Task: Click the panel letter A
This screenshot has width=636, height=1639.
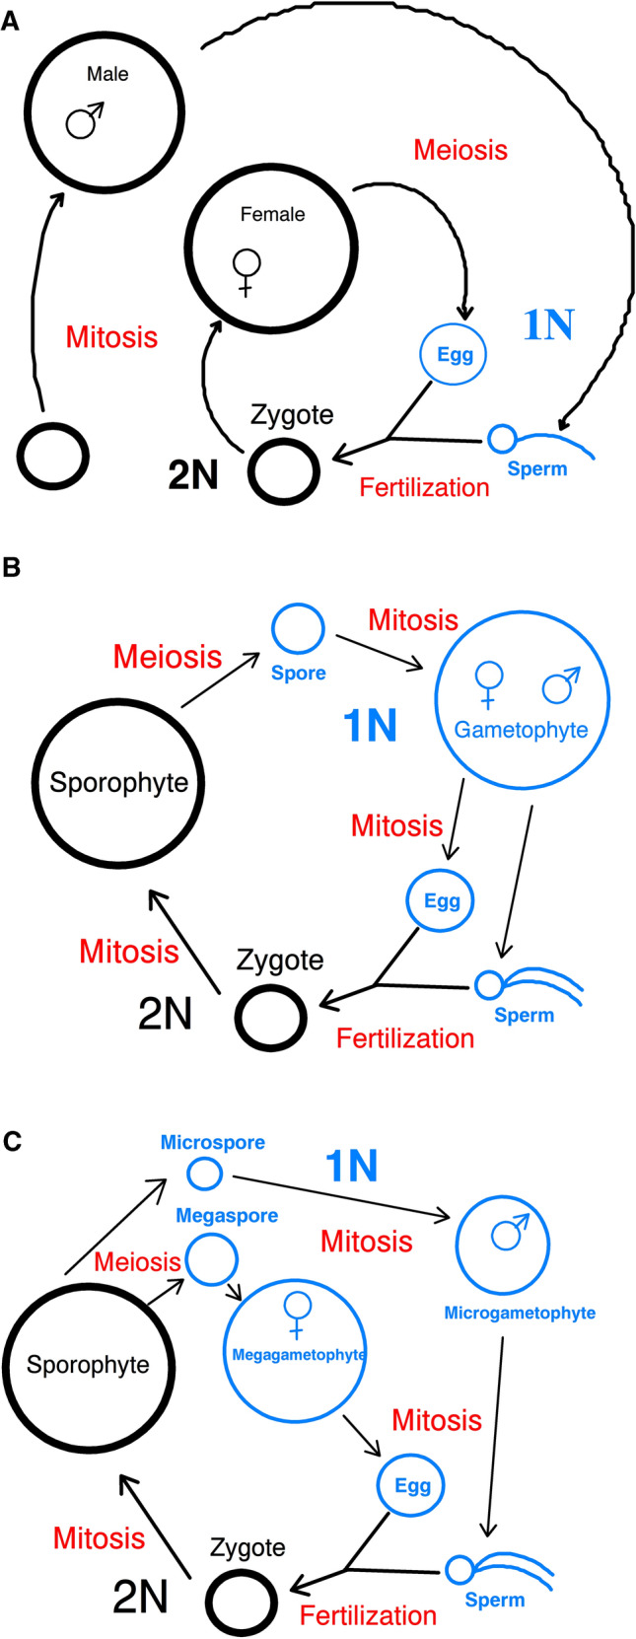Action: pos(10,21)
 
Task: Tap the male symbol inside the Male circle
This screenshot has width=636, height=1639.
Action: pos(84,120)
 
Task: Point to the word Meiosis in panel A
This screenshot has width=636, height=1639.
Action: pos(460,150)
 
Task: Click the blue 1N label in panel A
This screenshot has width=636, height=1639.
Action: pos(547,324)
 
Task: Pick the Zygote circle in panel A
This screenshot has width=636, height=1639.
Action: pos(284,472)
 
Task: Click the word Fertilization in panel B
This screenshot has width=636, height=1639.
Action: pos(405,1038)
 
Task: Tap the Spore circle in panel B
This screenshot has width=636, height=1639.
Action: pos(298,628)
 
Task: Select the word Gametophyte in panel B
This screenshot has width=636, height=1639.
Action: pos(521,731)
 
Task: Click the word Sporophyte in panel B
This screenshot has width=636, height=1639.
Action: pos(119,783)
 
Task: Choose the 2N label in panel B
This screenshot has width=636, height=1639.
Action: pos(165,1013)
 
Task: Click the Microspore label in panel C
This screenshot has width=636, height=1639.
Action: pos(213,1143)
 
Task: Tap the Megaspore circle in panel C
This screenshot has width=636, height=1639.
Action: pos(212,1259)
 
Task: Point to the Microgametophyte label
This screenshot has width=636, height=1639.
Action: pos(520,1313)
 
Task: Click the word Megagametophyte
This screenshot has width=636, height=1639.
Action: pos(298,1355)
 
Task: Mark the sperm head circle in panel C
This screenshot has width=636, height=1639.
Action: pos(459,1569)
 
